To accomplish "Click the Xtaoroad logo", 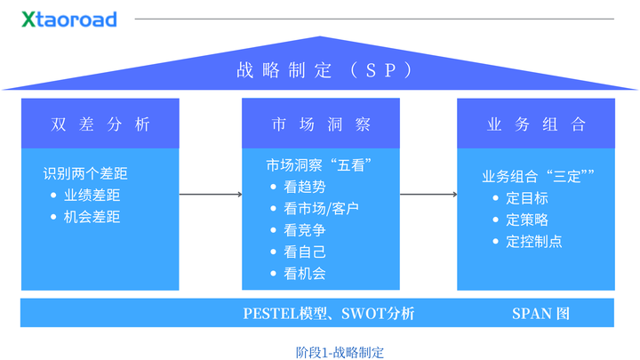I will coord(69,19).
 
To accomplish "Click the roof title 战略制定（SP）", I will coord(320,70).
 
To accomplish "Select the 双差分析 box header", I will coord(100,124).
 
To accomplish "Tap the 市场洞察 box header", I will coord(320,124).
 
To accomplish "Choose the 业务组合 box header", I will coord(535,124).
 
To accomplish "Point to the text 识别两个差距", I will coord(85,174).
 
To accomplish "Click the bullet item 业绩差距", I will coord(92,196).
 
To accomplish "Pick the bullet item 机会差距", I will coord(92,217).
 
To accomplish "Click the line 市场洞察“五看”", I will coord(318,165).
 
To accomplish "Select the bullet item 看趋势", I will coord(304,187).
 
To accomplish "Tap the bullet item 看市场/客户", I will coord(321,209).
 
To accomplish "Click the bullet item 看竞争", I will coord(304,230).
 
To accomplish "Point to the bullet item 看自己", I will coord(304,252).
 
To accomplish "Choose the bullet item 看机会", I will coord(304,274).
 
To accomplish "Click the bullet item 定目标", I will coord(526,198).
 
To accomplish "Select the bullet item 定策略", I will coord(526,220).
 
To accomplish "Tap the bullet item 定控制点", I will coord(533,241).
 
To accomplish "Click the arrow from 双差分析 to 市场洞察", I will coord(211,194).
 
